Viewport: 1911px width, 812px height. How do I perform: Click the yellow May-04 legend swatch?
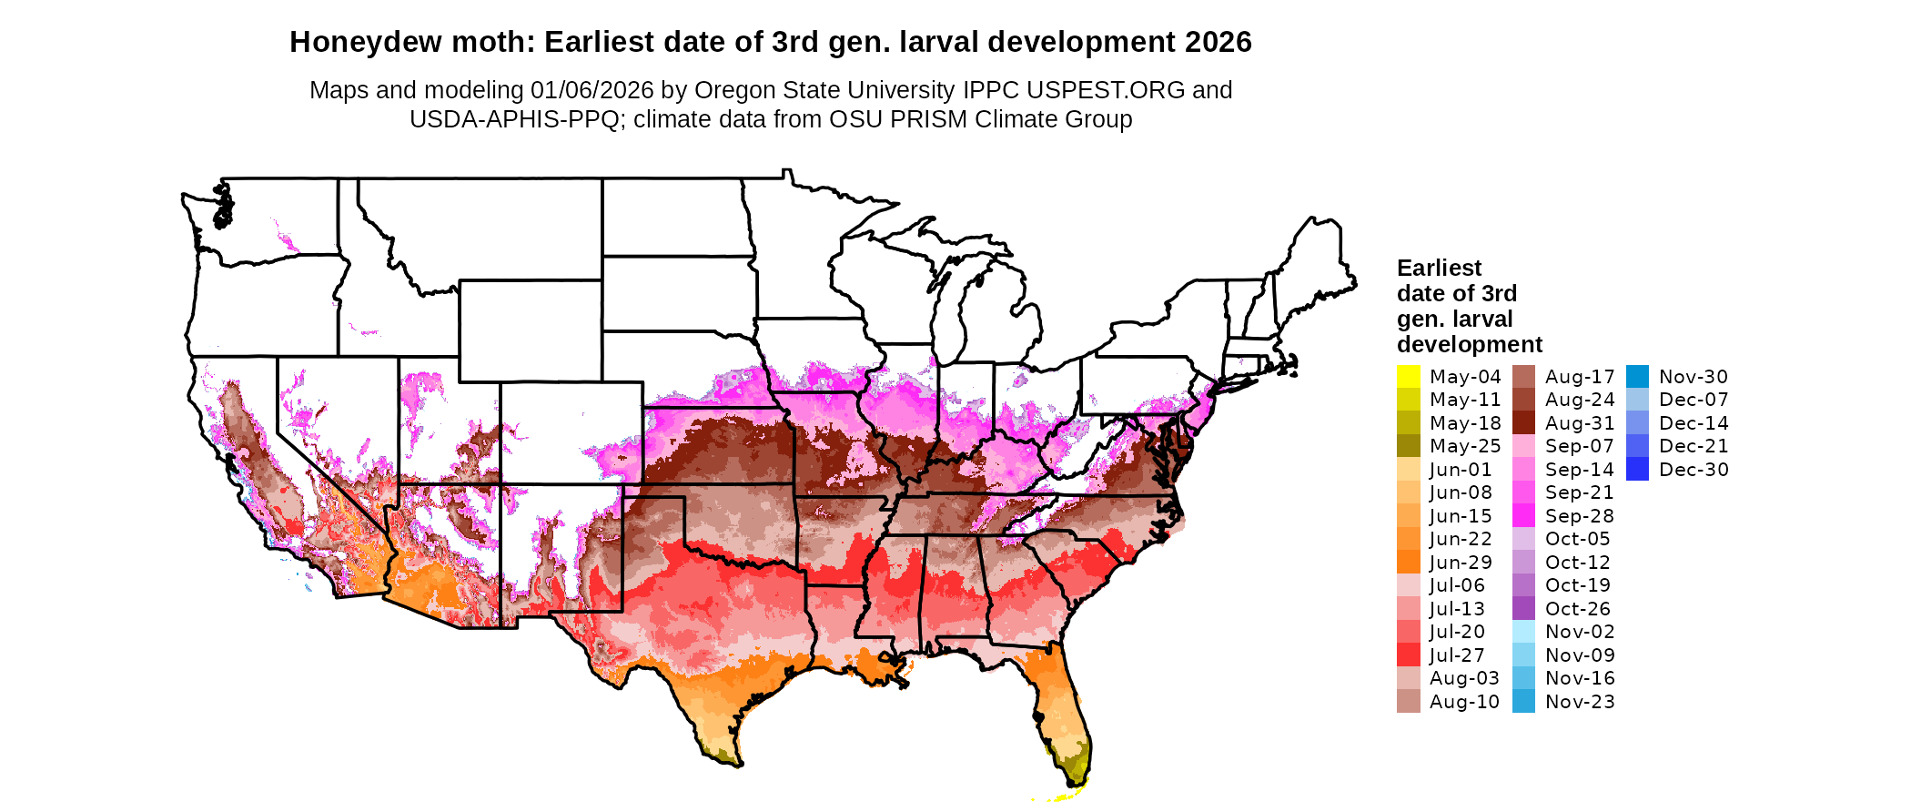point(1408,377)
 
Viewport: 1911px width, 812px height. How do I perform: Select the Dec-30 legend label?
point(1693,470)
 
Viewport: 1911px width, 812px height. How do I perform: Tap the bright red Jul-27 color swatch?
point(1408,655)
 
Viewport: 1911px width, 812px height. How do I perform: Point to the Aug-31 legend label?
point(1579,423)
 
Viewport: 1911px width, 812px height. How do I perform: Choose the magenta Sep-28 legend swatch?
point(1523,516)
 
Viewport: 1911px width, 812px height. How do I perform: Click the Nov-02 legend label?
point(1579,632)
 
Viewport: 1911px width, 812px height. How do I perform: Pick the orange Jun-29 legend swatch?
point(1408,563)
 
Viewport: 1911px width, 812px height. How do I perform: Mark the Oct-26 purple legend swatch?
point(1523,609)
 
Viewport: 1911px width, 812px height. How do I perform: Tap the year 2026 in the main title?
point(1218,43)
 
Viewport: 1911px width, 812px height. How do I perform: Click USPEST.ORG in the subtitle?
point(1106,90)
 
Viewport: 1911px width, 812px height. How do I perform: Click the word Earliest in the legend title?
point(1439,269)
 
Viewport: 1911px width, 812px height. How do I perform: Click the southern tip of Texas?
point(733,763)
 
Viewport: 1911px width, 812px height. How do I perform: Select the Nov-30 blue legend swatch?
point(1637,377)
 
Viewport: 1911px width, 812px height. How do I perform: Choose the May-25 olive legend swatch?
point(1408,446)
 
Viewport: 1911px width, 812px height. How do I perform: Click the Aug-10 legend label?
point(1463,702)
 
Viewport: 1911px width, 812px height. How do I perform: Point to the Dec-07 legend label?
point(1693,400)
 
